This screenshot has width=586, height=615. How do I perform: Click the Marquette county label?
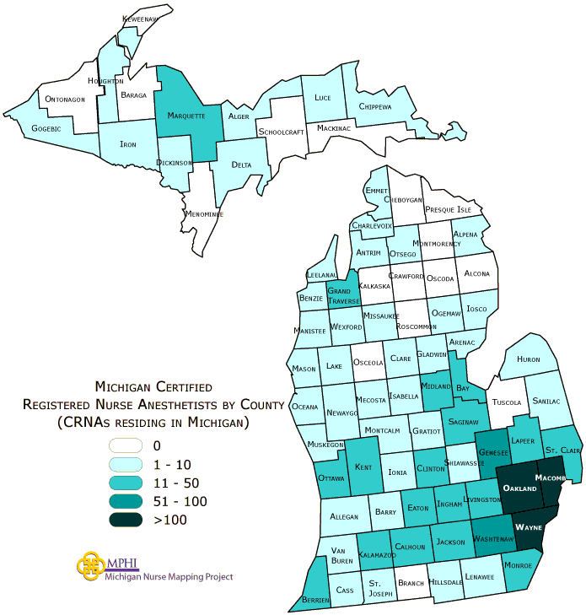186,116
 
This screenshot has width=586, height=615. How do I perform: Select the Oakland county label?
519,488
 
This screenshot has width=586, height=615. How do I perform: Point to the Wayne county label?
529,526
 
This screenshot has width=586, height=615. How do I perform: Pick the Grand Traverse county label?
344,295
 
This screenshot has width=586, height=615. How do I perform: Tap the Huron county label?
528,359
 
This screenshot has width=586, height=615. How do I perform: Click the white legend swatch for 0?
129,445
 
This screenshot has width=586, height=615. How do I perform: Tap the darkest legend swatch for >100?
129,520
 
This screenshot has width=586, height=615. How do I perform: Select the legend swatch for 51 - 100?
129,501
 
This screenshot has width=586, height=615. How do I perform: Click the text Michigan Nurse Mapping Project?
169,577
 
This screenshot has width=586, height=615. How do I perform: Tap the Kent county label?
363,467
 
